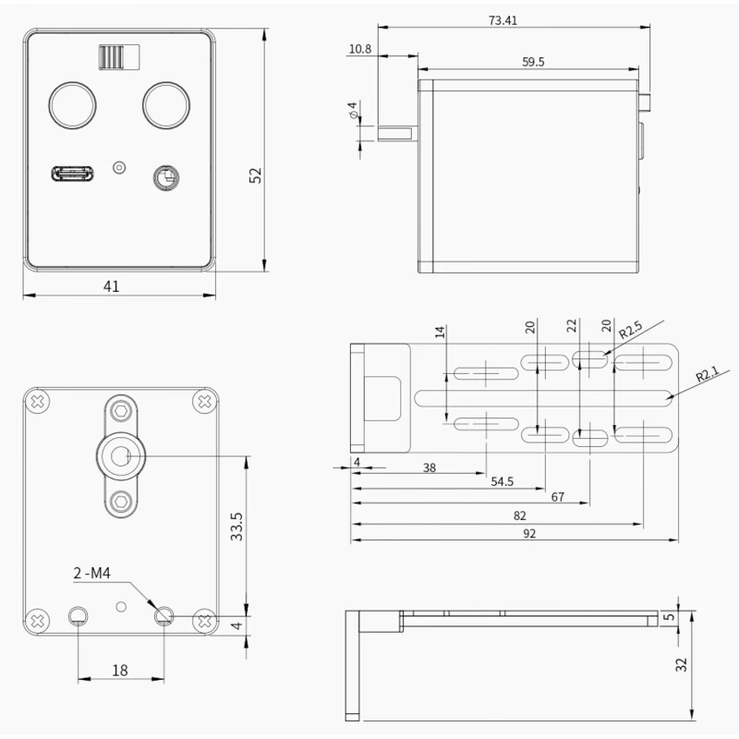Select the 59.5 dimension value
[533, 62]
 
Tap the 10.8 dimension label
[360, 49]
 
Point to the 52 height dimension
[256, 176]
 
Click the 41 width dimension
[111, 286]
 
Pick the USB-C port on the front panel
[71, 173]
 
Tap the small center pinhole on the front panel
[118, 167]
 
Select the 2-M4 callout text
[92, 575]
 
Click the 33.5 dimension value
[237, 527]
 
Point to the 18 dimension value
[120, 671]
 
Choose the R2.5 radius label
[630, 330]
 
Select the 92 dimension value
[529, 533]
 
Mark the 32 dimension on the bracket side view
[682, 664]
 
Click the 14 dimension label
[441, 333]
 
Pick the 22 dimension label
[572, 325]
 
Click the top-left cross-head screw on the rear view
[38, 402]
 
